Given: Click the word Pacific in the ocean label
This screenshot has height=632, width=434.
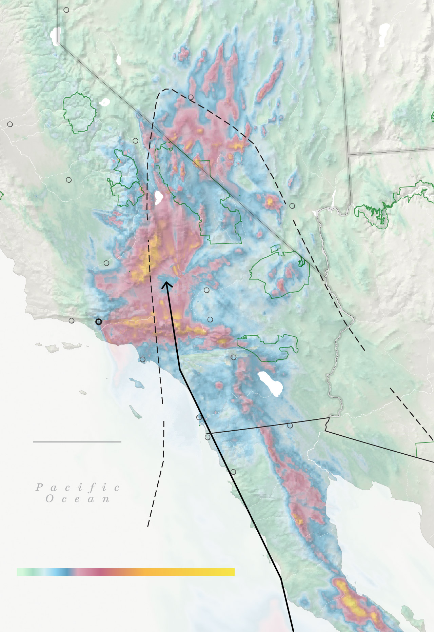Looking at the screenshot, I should tap(78, 488).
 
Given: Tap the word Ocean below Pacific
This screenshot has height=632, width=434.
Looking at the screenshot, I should tap(78, 499).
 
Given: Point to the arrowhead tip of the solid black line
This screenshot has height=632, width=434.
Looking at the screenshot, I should tap(166, 282).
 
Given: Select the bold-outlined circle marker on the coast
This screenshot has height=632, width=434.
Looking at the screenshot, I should tap(99, 321).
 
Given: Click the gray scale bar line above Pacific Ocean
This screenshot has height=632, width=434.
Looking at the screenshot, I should tap(77, 442).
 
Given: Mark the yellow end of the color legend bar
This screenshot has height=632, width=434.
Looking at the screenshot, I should tap(231, 572).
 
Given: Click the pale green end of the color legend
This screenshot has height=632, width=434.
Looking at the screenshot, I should tap(20, 572).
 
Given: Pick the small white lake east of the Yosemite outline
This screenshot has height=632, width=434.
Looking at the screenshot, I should tap(105, 102).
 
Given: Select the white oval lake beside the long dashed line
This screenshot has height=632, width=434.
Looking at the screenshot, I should tap(158, 197).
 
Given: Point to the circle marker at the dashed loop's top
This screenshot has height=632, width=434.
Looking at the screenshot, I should tap(191, 97).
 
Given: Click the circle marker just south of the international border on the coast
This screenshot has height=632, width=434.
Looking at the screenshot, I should tap(208, 437).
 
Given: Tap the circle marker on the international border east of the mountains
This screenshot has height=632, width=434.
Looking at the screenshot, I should tap(290, 426).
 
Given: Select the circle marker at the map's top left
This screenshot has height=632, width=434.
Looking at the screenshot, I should tap(66, 10).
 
